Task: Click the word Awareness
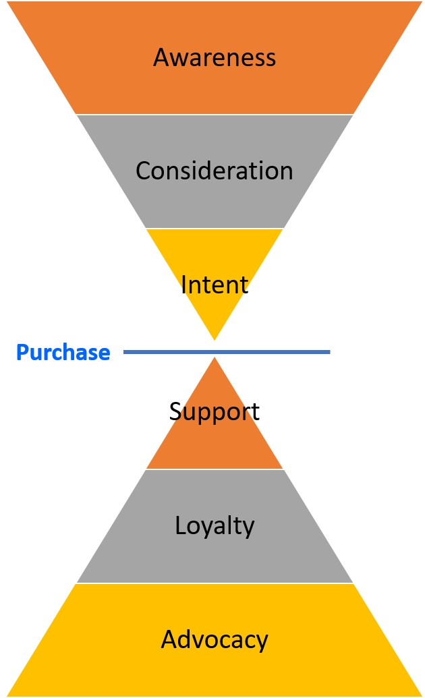point(215,58)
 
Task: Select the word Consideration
point(215,171)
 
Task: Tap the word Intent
point(215,285)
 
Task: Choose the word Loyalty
point(215,526)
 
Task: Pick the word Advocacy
point(215,639)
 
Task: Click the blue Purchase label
point(63,352)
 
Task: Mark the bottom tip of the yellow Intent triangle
point(215,341)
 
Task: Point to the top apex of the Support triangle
point(215,356)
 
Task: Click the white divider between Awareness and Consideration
point(215,115)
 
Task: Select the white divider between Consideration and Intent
point(215,229)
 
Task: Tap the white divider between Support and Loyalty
point(215,469)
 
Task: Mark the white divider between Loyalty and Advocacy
point(215,583)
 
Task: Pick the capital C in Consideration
point(142,171)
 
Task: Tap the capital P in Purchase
point(22,352)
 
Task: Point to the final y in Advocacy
point(262,641)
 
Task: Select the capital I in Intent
point(184,285)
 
